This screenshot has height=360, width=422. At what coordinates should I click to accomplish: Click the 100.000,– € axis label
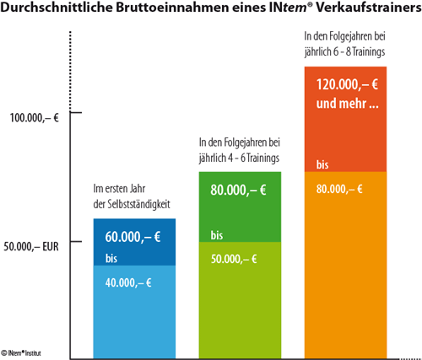point(35,118)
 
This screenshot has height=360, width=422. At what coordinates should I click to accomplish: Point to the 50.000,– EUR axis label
point(31,246)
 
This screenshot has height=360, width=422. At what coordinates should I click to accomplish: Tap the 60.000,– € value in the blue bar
point(133,237)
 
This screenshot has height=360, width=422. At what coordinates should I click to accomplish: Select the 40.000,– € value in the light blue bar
point(128,282)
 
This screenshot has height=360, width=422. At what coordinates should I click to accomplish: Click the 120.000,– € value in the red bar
point(347,84)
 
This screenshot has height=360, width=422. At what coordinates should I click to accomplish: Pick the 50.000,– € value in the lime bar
point(234,259)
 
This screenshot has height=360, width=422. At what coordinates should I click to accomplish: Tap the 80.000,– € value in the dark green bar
point(238,190)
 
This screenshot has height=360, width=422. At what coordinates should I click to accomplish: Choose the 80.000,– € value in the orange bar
point(339,189)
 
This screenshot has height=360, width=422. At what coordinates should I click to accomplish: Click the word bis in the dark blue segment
point(111,258)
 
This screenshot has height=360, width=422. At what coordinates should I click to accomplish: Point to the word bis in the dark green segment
point(217,235)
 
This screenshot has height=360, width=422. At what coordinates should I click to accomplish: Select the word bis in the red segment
point(322,164)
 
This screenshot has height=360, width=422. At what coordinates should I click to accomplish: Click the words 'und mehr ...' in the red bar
point(348,104)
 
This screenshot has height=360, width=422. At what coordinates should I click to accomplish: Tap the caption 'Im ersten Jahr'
point(119,189)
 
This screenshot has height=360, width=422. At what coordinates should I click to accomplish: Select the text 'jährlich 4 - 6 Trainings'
point(239,158)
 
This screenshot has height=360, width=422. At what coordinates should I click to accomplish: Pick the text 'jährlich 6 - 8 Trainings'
point(344,51)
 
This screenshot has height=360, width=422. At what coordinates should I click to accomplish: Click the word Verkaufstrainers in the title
point(369,8)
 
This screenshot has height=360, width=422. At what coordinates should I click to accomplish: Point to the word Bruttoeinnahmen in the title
point(172,8)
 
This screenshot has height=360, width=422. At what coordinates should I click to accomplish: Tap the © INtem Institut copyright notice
point(21,352)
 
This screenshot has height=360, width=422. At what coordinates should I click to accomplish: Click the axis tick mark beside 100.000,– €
point(76,112)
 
